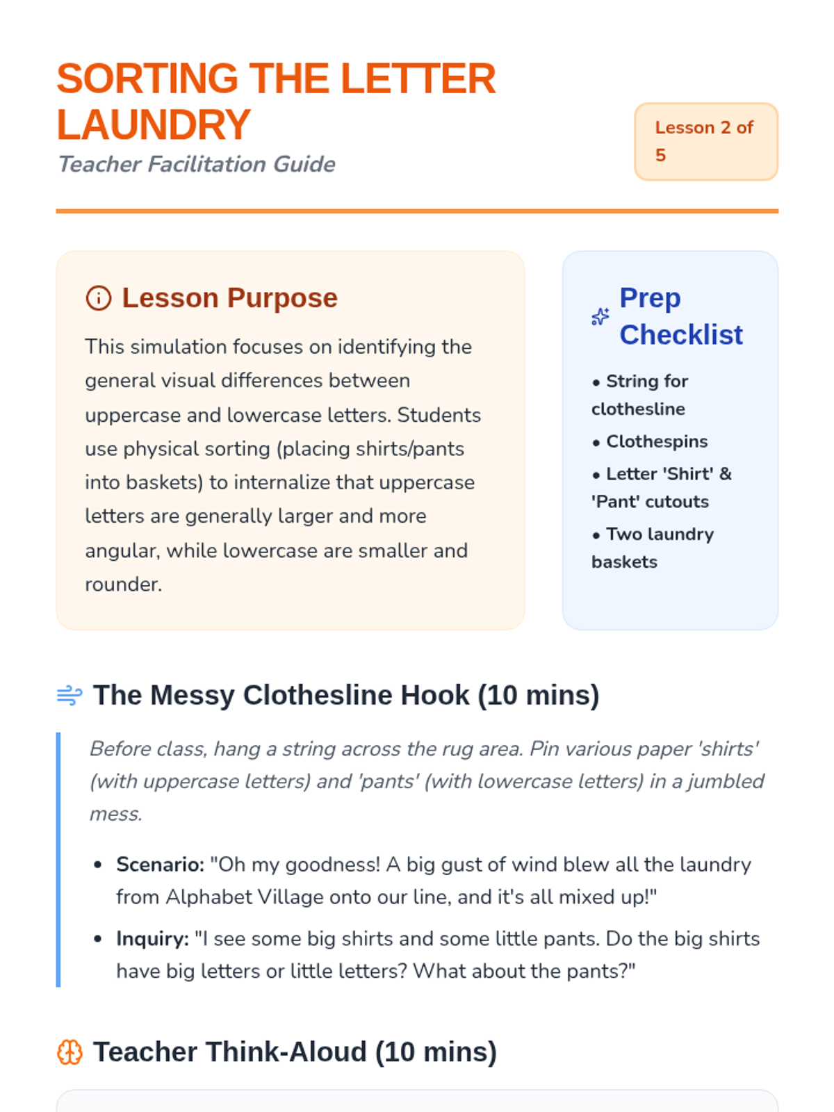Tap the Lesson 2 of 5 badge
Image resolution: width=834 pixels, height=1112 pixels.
click(x=705, y=141)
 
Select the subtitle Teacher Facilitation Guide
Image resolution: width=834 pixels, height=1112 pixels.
click(x=196, y=164)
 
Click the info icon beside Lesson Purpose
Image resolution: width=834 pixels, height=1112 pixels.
click(x=98, y=298)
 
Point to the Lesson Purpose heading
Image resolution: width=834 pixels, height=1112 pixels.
click(x=229, y=298)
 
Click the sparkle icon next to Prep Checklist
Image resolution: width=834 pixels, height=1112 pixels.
click(x=600, y=317)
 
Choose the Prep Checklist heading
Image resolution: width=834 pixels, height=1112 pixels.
click(x=680, y=316)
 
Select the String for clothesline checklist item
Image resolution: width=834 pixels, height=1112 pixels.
click(x=639, y=395)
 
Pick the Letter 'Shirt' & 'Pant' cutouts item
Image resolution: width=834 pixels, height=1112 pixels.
click(x=660, y=487)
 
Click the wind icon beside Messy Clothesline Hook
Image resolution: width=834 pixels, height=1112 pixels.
click(x=69, y=695)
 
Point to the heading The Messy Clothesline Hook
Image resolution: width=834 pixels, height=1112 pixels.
click(x=346, y=695)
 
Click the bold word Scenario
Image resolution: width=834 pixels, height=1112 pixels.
click(x=160, y=865)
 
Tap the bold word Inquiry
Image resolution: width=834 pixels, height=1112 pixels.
click(x=152, y=939)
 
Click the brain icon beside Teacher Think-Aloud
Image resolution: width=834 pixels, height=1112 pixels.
click(x=69, y=1052)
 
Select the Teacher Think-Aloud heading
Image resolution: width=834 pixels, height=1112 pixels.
click(x=295, y=1052)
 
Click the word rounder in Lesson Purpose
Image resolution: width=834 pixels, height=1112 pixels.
click(x=123, y=584)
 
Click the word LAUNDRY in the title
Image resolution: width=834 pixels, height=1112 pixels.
click(x=153, y=125)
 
